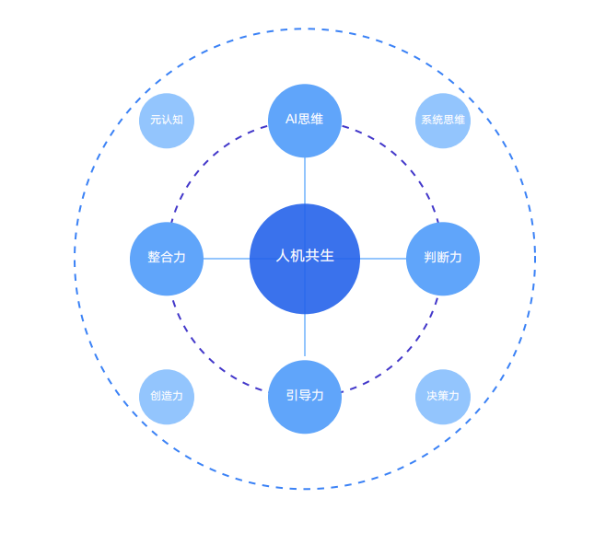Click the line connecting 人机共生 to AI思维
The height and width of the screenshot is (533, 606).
(305, 180)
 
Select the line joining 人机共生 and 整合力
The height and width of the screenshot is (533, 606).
(227, 259)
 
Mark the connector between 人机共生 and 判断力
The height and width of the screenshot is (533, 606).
(383, 259)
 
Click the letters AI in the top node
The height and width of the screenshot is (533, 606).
(291, 119)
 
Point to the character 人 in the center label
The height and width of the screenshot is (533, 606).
(283, 256)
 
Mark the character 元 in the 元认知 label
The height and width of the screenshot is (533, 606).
(156, 120)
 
